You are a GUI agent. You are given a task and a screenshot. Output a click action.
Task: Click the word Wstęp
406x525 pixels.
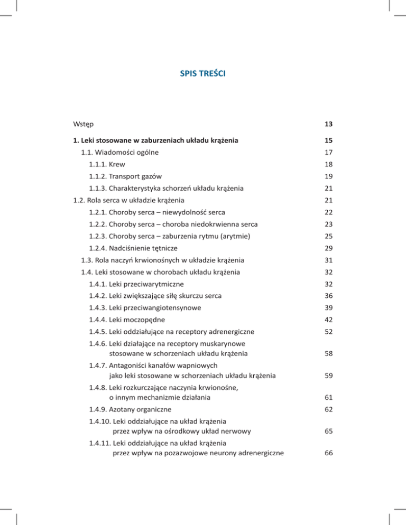coord(84,124)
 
